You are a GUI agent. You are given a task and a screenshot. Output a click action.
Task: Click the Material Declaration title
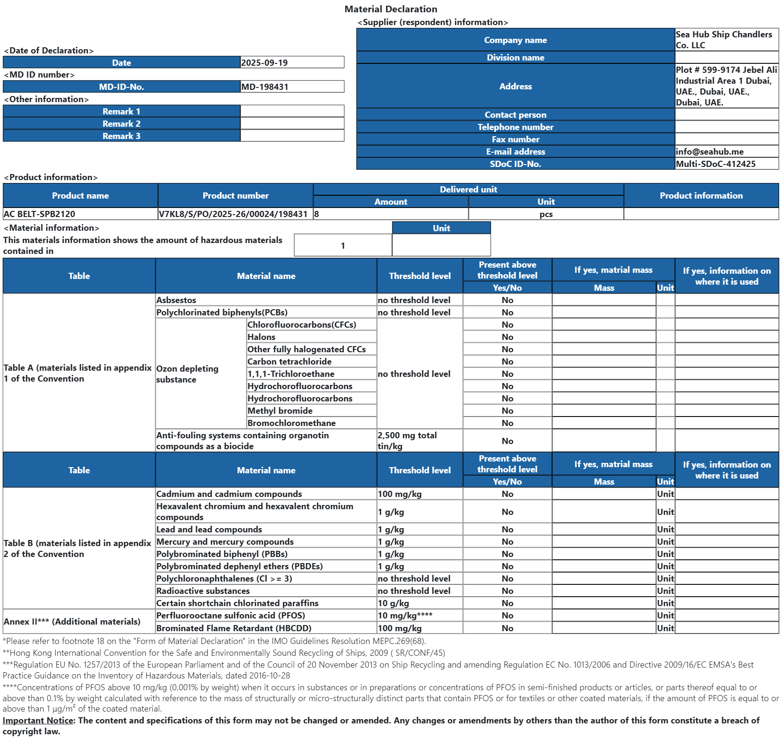(391, 9)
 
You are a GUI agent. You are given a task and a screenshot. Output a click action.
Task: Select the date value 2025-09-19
(264, 62)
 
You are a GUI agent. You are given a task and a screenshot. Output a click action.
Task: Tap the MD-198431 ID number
(265, 87)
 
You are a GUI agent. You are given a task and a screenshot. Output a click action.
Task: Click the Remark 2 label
(122, 123)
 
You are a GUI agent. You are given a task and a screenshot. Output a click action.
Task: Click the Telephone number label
(515, 127)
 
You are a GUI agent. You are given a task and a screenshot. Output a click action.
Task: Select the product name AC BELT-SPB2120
(40, 214)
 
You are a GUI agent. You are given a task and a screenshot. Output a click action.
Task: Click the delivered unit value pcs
(546, 214)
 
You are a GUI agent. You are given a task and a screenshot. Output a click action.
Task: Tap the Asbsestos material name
(176, 300)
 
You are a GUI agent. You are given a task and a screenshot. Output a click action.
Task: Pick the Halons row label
(261, 337)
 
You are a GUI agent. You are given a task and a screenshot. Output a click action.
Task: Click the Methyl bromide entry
(280, 410)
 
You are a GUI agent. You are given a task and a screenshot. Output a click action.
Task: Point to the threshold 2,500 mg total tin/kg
(407, 441)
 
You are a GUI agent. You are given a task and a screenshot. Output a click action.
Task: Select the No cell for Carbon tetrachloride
(507, 361)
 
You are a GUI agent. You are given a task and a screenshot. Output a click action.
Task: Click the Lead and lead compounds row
(209, 529)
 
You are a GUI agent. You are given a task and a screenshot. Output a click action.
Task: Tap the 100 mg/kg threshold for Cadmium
(400, 494)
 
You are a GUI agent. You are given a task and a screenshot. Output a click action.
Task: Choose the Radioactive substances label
(203, 591)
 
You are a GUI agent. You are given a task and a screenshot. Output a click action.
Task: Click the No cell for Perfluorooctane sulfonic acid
(507, 615)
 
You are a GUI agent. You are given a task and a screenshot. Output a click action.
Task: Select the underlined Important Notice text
(38, 720)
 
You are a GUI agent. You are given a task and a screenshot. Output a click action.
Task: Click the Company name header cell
(515, 40)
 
